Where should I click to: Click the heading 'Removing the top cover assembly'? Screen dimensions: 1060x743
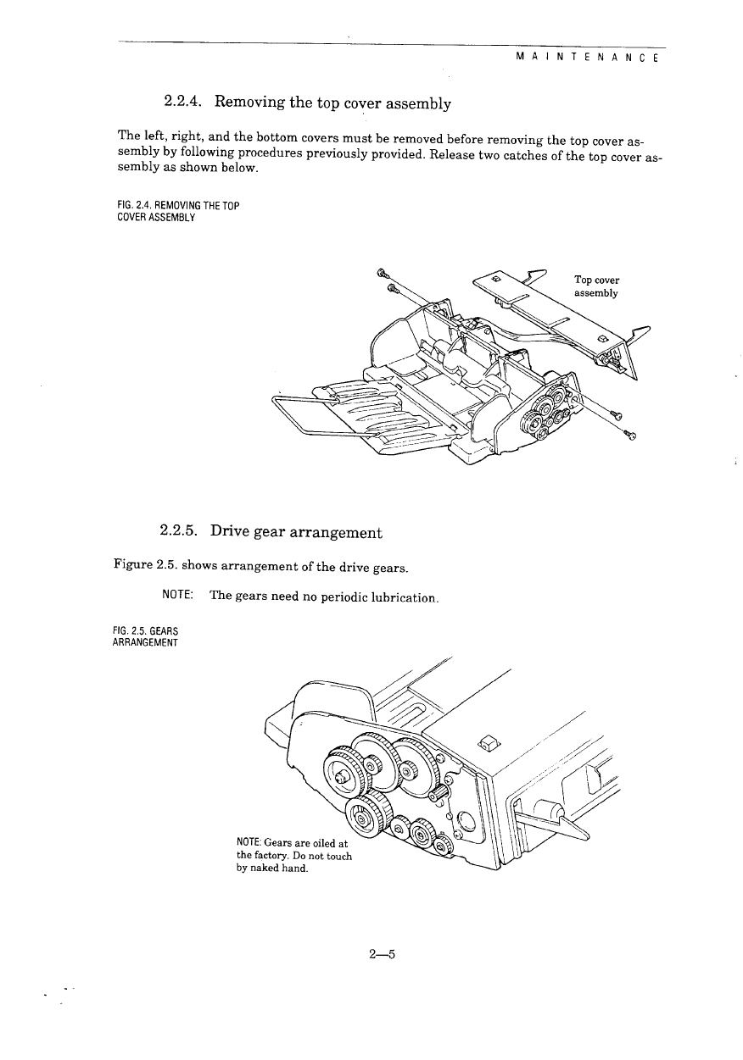point(332,103)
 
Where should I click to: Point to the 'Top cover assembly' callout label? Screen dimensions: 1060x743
point(596,286)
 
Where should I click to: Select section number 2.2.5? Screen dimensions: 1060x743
point(179,532)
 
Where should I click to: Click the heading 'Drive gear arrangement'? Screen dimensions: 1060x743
point(296,532)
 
